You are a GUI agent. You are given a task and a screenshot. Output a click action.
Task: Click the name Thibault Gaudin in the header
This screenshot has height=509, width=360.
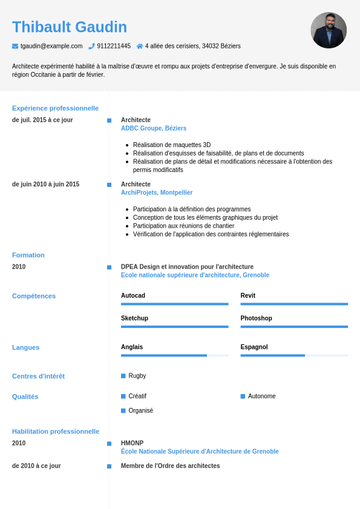pos(70,27)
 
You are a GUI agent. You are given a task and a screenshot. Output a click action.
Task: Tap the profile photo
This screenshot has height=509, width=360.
pos(329,30)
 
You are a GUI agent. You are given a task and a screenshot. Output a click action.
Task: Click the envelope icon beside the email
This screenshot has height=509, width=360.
pos(15,46)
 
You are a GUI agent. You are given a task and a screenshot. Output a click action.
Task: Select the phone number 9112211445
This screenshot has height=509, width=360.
pos(114,46)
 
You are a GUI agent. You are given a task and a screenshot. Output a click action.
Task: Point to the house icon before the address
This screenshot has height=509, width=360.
pos(140,46)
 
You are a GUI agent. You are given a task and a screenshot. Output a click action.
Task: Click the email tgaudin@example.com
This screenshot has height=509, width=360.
pos(51,46)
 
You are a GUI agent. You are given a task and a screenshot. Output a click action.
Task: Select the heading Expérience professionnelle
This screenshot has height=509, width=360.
pos(55,108)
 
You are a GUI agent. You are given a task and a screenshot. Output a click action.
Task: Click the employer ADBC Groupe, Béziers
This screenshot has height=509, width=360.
pos(154,128)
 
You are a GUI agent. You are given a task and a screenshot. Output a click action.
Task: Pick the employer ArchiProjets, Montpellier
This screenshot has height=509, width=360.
pos(157,192)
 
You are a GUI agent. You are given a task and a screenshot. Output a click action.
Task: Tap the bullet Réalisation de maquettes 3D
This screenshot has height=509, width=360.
pos(172,145)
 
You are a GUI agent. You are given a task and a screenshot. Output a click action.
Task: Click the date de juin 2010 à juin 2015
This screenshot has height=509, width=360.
pos(45,184)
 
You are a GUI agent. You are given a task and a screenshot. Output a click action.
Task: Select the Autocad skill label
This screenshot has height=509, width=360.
pos(133,295)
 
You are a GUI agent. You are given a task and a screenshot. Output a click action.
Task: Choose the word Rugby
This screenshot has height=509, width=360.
pos(137,376)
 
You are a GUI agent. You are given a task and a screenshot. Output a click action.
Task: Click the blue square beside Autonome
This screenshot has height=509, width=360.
pos(243,396)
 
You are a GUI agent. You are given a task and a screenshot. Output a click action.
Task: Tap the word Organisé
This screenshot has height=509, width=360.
pos(141,410)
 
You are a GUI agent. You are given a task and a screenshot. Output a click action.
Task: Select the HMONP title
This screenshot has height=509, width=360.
pos(133,443)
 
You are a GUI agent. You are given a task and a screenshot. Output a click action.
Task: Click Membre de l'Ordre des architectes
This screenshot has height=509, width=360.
pos(170,466)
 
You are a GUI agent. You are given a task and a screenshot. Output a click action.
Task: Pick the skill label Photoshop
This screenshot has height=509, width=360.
pos(257,318)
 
